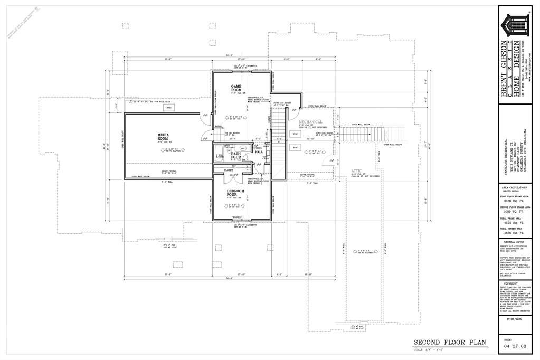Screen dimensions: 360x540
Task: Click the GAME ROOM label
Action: (x=236, y=88)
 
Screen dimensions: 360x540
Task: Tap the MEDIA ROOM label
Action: (x=163, y=137)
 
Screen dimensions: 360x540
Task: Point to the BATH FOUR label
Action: (x=235, y=155)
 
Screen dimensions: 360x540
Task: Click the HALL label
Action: (x=259, y=152)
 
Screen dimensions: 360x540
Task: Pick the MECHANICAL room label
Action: (x=310, y=122)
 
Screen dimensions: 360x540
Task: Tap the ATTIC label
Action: (x=356, y=171)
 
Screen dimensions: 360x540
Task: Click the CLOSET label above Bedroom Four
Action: (x=229, y=171)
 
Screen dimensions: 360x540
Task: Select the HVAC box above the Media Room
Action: (x=169, y=108)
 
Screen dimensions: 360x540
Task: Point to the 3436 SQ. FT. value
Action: (x=512, y=201)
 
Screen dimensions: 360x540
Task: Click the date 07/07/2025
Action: (x=512, y=319)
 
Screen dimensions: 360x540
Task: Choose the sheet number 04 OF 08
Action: (x=512, y=347)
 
